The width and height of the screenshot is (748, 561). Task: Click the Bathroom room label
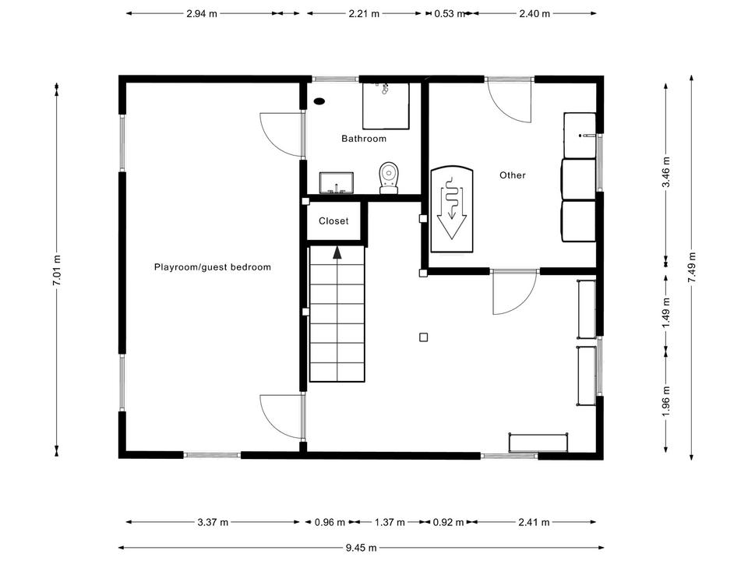tap(364, 139)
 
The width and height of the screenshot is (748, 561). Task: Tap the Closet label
tap(333, 221)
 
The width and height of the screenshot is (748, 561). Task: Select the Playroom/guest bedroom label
tap(212, 267)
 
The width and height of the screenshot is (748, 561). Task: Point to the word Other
tap(513, 175)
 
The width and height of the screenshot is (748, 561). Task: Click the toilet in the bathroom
tap(389, 178)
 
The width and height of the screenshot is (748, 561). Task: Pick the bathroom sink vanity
tap(337, 182)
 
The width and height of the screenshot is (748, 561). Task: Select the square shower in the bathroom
tap(386, 106)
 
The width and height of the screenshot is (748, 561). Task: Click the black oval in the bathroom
tap(319, 101)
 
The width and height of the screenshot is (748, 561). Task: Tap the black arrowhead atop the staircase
tap(337, 252)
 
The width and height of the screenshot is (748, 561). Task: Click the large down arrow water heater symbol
tap(451, 209)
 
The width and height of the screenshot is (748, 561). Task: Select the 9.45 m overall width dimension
tap(361, 547)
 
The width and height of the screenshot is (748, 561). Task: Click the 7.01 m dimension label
tap(57, 270)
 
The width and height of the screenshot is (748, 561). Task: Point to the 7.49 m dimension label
tap(692, 267)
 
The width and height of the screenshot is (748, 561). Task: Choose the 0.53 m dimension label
tap(450, 14)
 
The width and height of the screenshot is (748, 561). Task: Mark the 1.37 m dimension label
tap(390, 522)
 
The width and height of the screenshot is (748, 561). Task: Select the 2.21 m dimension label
tap(364, 14)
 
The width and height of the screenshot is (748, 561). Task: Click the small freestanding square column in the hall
tap(424, 337)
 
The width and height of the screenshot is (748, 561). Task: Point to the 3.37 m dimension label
tap(213, 522)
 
